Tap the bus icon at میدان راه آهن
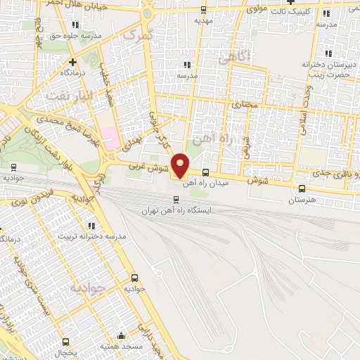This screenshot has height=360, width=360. point(205,173)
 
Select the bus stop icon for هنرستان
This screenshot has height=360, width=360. point(302,188)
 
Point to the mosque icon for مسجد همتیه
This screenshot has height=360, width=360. point(122,335)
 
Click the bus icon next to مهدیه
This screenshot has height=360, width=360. point(204,10)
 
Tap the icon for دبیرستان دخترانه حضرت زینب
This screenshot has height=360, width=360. point(326,54)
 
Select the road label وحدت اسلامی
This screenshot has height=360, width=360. point(304,105)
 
